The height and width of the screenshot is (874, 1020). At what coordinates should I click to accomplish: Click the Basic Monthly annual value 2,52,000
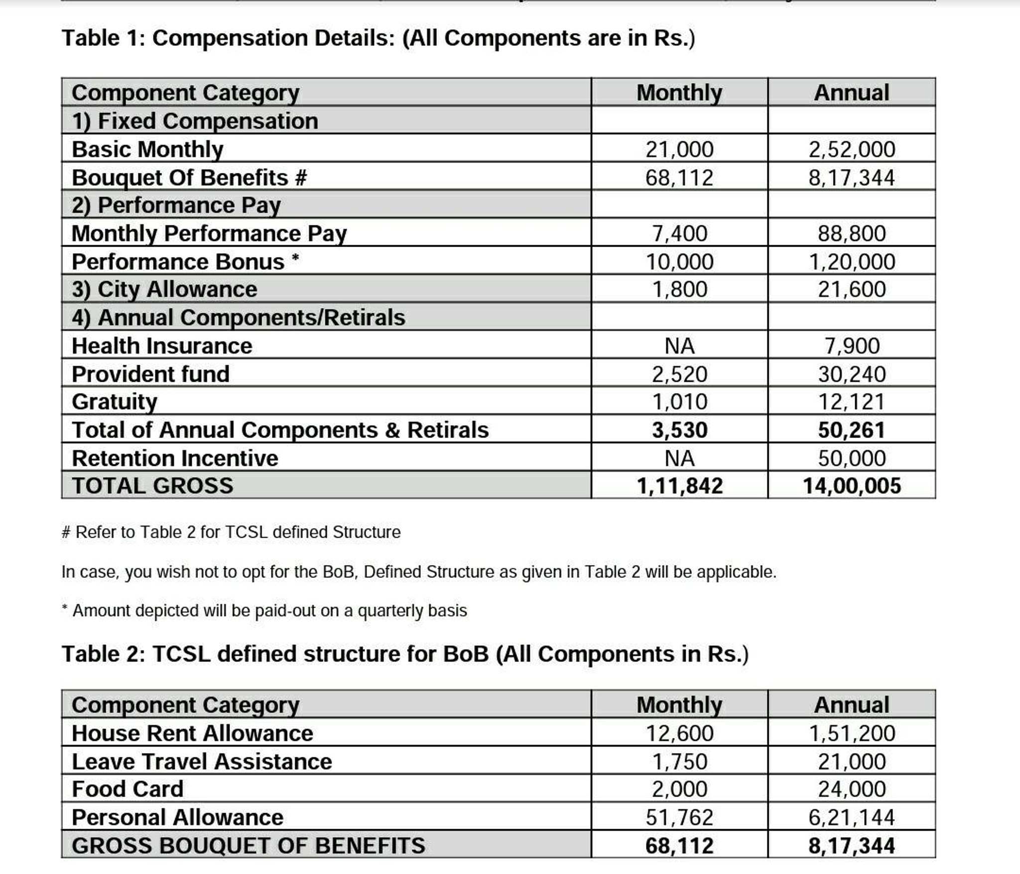click(x=852, y=149)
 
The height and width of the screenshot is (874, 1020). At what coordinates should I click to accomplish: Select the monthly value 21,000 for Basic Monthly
click(x=679, y=149)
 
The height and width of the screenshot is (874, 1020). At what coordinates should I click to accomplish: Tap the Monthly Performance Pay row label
click(x=209, y=234)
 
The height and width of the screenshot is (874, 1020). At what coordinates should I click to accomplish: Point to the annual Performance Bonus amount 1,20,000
click(x=852, y=262)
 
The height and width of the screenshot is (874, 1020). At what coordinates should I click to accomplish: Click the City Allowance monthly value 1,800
click(x=679, y=290)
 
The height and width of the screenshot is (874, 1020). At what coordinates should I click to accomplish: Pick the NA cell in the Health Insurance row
click(x=679, y=346)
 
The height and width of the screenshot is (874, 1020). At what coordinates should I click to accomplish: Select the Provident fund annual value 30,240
click(x=852, y=374)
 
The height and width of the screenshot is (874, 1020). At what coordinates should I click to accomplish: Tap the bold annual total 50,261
click(x=852, y=430)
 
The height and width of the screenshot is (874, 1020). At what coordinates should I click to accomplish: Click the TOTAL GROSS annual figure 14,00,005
click(x=852, y=486)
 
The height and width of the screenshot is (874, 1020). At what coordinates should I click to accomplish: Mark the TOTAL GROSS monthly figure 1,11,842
click(x=679, y=486)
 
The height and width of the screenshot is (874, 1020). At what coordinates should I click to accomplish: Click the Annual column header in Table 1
click(x=852, y=93)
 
